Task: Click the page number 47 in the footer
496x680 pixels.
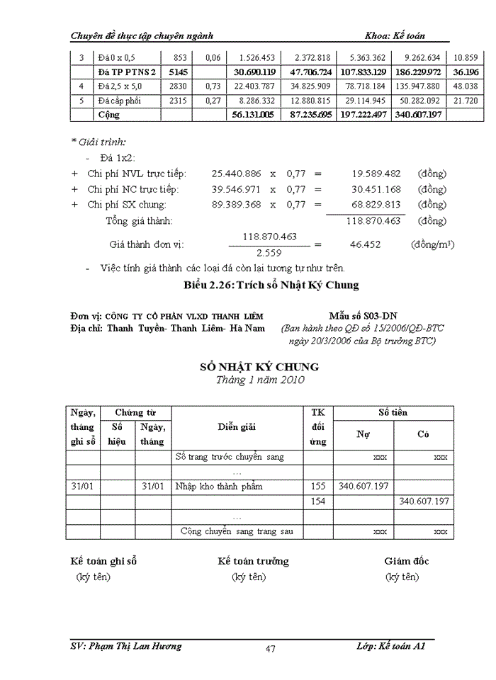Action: (270, 649)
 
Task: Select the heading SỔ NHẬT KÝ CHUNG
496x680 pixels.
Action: (259, 366)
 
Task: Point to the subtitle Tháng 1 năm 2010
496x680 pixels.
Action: (260, 380)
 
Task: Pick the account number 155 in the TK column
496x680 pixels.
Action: (318, 487)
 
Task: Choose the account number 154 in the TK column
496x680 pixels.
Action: (318, 501)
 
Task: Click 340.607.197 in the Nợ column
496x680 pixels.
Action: (363, 487)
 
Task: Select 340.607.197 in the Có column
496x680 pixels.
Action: (424, 501)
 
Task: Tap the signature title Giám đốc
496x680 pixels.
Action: (406, 561)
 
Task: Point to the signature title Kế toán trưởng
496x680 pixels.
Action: (253, 561)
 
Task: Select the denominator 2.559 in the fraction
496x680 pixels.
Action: (269, 252)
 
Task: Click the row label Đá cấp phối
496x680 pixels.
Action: (120, 101)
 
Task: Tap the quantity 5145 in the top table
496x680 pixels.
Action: (177, 72)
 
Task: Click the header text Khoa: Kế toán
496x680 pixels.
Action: (395, 35)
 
